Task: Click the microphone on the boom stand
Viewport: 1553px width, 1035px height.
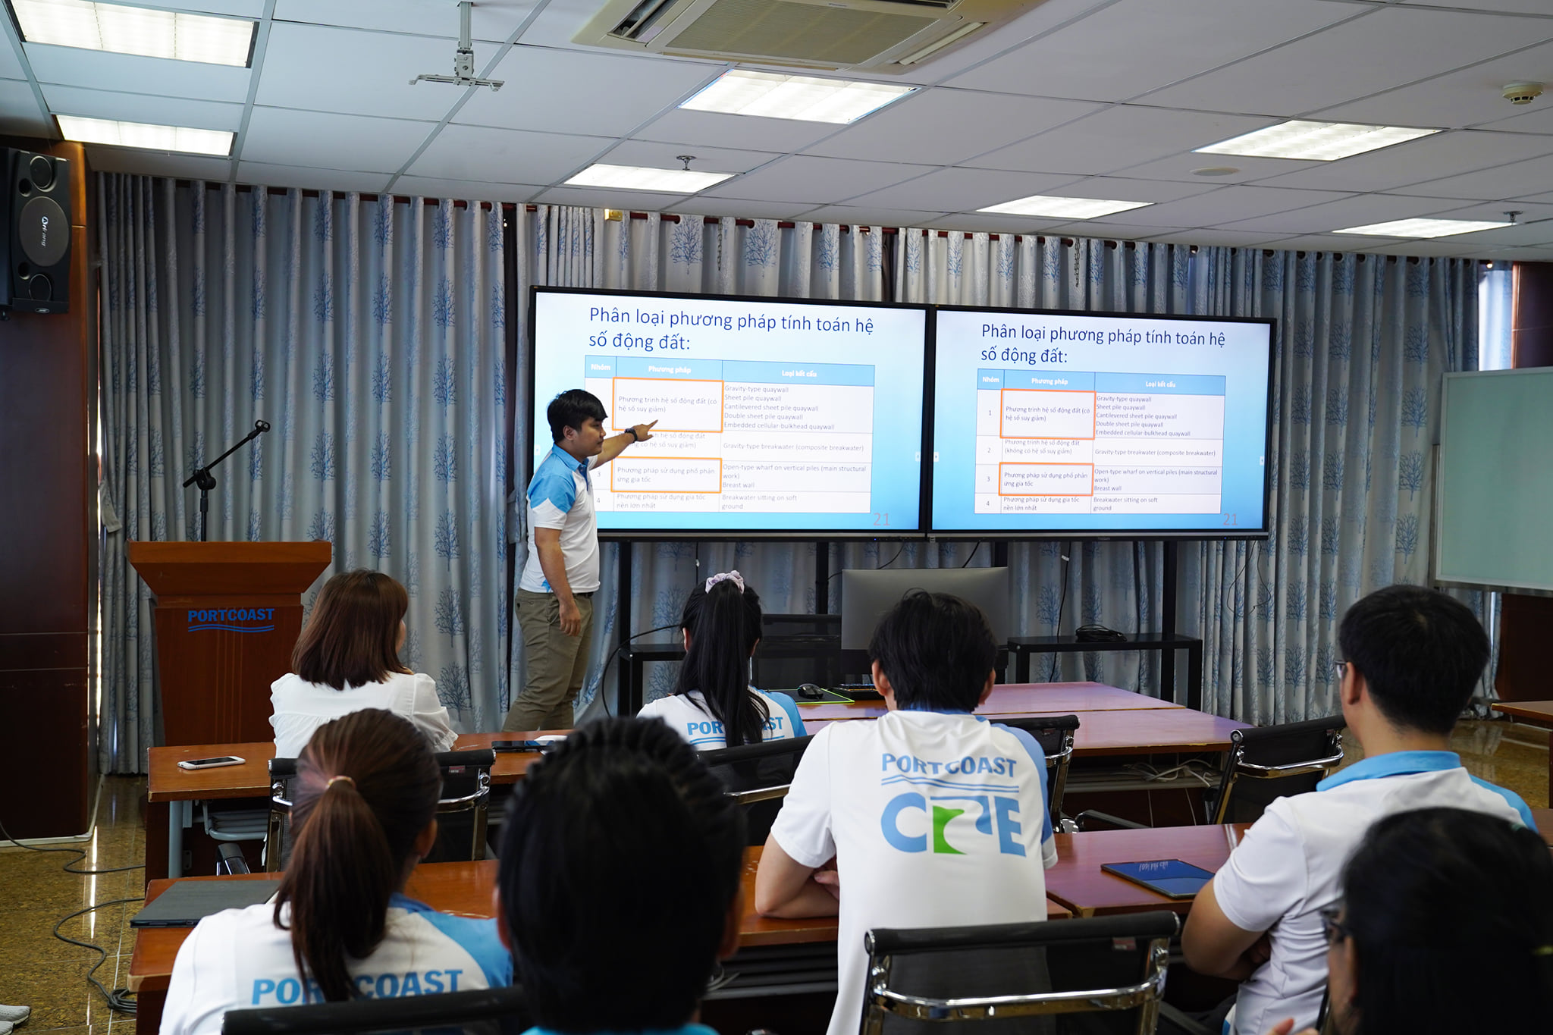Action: click(x=261, y=427)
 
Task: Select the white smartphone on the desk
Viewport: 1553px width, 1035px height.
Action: click(x=211, y=762)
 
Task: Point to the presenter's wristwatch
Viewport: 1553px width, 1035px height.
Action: click(x=629, y=434)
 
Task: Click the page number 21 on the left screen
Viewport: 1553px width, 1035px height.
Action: click(x=881, y=519)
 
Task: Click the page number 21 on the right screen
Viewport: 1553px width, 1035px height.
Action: click(x=1230, y=519)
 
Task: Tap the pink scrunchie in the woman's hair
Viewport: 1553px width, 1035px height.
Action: click(x=725, y=581)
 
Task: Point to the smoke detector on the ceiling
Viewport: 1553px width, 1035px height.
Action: click(x=1522, y=93)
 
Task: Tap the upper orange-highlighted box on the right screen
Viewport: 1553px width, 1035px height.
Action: click(x=1047, y=414)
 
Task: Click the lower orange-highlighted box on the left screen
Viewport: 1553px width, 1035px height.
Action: click(x=667, y=475)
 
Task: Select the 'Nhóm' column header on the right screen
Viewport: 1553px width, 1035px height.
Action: click(x=990, y=379)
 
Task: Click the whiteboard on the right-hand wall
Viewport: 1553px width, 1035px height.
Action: click(x=1494, y=478)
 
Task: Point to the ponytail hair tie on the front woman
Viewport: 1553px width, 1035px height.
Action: click(x=339, y=781)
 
